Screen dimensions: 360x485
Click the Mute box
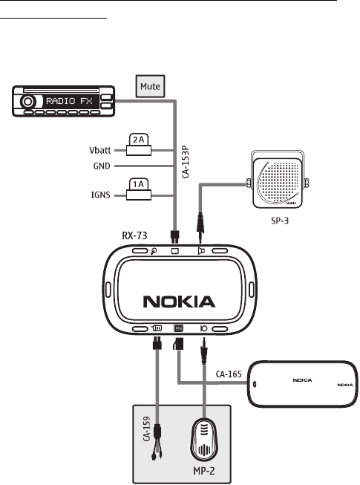150,86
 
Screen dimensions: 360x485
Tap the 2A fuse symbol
139,145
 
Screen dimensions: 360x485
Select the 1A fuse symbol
139,189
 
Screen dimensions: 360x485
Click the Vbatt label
99,151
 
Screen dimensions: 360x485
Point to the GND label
102,166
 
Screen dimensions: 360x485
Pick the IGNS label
100,195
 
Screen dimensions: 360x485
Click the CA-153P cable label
185,162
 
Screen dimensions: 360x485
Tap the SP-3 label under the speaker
280,221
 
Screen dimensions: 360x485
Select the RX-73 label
135,235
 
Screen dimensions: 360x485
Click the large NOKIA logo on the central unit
179,302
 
